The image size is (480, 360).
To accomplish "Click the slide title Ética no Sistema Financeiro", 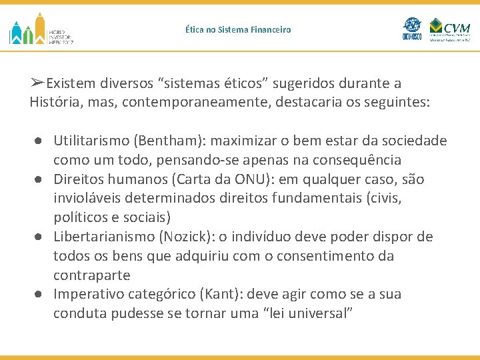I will (238, 30).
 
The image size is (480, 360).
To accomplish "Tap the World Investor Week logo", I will (41, 29).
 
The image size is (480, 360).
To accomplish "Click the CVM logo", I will (450, 29).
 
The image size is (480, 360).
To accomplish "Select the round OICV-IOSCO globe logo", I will (411, 29).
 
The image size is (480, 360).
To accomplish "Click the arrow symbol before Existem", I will (37, 83).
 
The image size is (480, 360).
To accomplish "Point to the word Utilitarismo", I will (91, 141).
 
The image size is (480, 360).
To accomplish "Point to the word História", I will (56, 103).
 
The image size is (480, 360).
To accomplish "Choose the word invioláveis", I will (89, 199).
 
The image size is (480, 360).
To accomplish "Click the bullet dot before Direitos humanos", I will (41, 179).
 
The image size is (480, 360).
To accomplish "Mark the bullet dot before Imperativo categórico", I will (41, 294).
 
